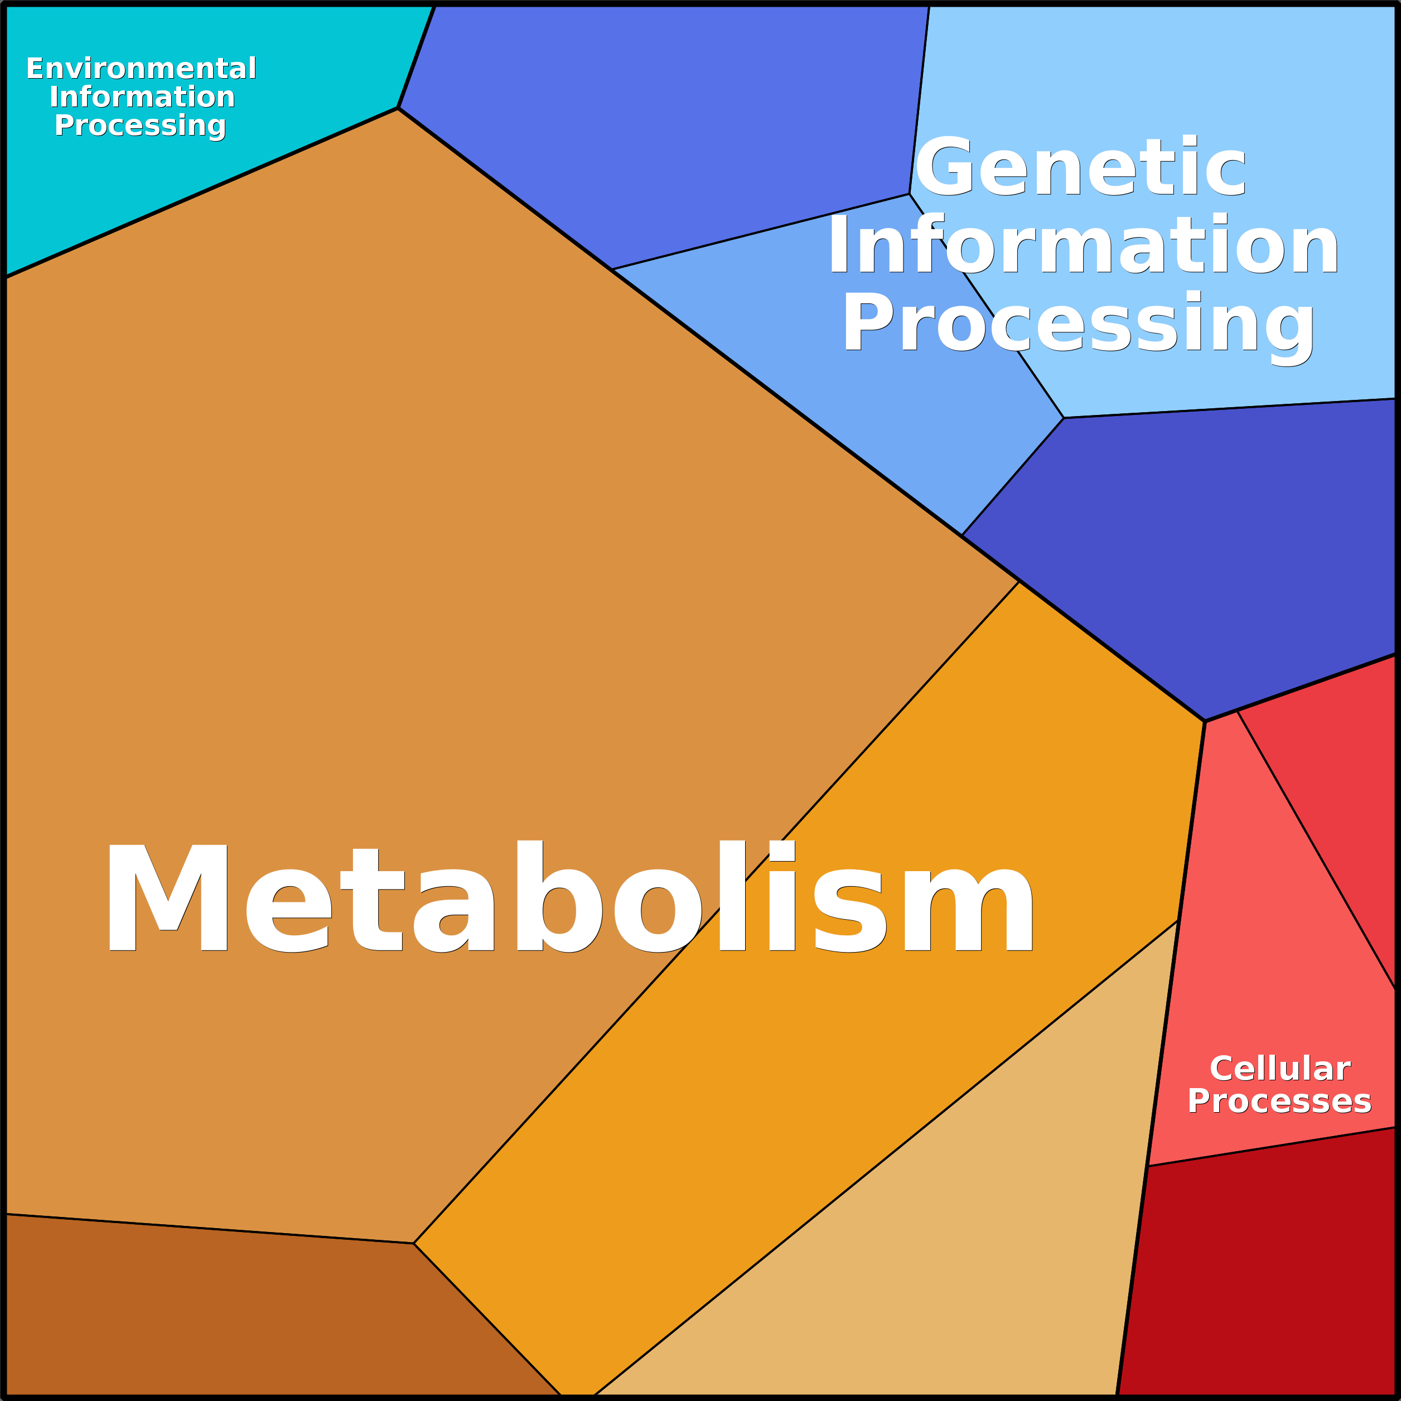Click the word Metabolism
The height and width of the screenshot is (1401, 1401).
pos(570,896)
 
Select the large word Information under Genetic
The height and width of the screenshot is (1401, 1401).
pos(1083,244)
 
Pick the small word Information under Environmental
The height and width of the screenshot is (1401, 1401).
pos(142,96)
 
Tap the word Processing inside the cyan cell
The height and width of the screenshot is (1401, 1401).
pos(141,125)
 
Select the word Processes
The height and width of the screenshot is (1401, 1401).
pos(1279,1101)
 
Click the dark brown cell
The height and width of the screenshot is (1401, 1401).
pos(239,1312)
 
